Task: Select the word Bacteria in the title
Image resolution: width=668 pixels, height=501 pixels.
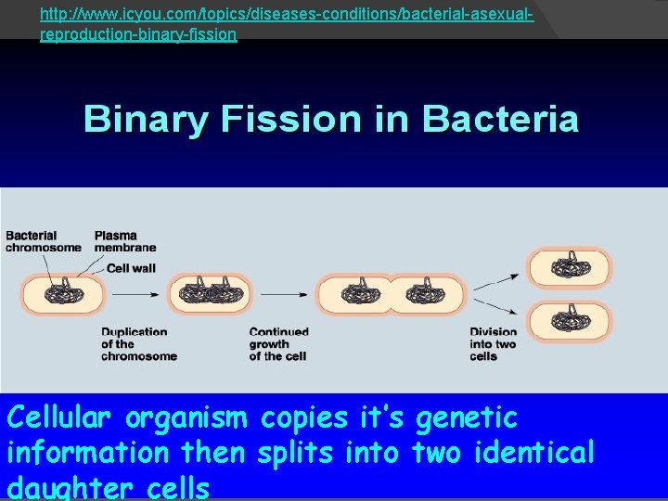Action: [500, 120]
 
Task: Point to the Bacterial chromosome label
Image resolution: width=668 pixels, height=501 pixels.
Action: [43, 241]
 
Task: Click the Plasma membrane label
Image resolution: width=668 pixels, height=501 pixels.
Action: [124, 241]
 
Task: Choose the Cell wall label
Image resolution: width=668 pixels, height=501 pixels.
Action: [131, 267]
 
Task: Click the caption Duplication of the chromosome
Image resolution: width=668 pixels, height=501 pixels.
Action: [134, 343]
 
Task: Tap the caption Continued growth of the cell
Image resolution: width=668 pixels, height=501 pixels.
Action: [278, 343]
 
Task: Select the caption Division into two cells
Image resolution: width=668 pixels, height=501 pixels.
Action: [493, 343]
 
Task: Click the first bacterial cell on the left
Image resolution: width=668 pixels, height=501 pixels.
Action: [64, 294]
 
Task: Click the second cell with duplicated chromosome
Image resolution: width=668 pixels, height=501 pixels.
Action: [209, 294]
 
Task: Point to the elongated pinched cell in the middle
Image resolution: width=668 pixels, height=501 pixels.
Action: [390, 294]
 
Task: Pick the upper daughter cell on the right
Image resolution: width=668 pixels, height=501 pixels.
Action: [570, 268]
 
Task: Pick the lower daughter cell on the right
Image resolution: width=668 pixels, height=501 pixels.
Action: [570, 321]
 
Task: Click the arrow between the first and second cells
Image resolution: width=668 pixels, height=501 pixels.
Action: [135, 294]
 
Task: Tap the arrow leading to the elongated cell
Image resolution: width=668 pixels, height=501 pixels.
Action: [284, 294]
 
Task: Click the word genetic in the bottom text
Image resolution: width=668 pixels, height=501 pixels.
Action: [466, 419]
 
